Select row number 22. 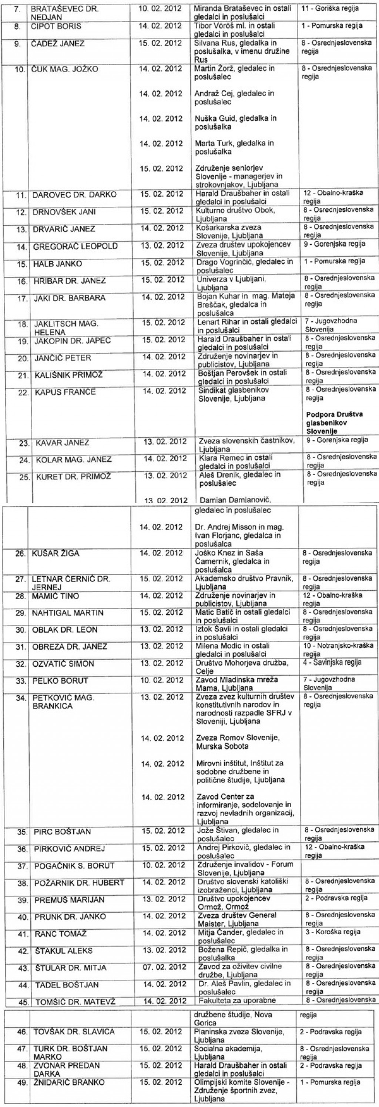click(x=24, y=392)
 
